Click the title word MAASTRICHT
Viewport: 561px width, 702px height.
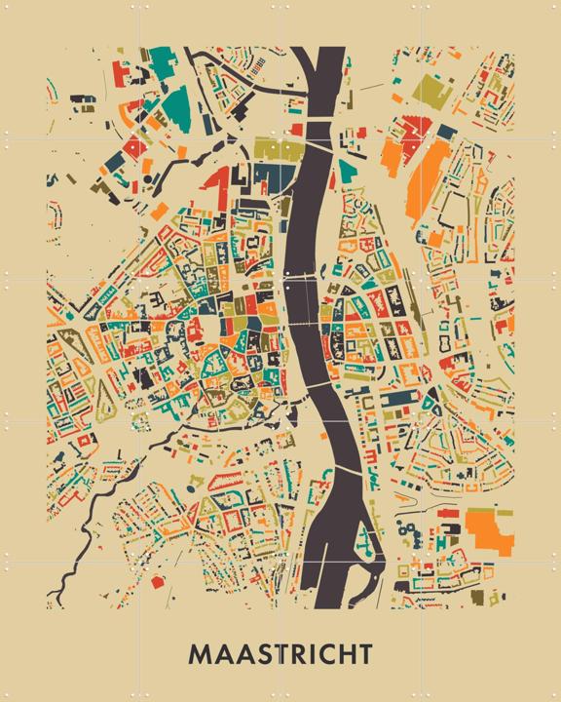coord(280,651)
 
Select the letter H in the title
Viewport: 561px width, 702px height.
coord(346,651)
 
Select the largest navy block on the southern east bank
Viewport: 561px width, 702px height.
coord(396,400)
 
